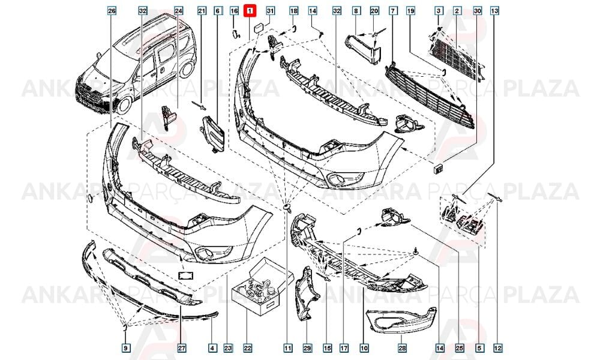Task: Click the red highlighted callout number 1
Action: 250,11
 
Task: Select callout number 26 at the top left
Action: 112,11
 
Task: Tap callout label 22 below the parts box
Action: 248,348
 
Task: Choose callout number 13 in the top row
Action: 494,11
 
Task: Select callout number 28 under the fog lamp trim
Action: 402,348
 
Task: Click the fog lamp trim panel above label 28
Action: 401,323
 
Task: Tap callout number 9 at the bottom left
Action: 125,348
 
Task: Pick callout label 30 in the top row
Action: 477,11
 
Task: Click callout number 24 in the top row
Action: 179,11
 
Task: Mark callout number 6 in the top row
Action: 217,11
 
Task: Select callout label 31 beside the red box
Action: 270,10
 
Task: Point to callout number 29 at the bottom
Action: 307,348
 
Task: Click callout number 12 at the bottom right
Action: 497,348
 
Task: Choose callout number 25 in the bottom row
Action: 460,348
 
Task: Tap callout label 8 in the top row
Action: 356,11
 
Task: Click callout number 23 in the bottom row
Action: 228,348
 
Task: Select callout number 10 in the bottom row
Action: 364,348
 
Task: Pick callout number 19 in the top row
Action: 410,11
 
